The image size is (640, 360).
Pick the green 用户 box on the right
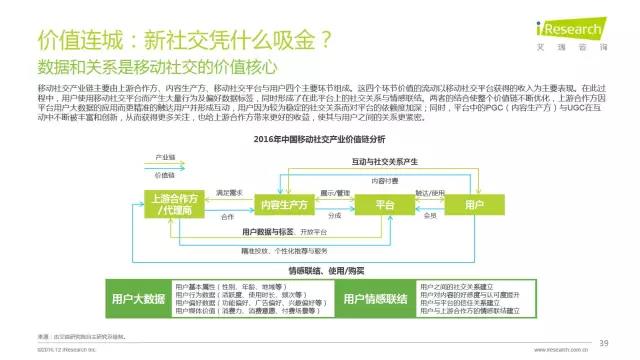[475, 204]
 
